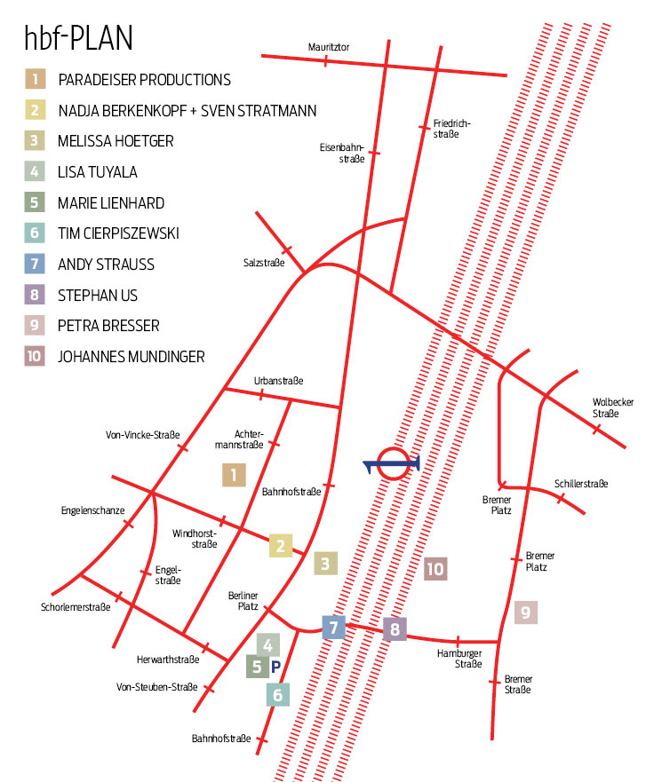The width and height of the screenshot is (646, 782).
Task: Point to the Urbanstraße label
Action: (278, 380)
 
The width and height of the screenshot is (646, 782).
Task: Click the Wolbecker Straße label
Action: (612, 407)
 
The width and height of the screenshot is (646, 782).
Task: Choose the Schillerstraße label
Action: (581, 484)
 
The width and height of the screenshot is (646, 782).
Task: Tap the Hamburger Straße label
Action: (459, 659)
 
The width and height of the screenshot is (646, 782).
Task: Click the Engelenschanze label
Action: (92, 510)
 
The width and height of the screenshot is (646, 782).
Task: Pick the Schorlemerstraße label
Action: (76, 608)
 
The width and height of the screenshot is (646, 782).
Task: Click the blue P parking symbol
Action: (275, 666)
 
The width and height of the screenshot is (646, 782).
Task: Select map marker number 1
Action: (234, 475)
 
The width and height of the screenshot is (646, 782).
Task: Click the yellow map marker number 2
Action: (281, 545)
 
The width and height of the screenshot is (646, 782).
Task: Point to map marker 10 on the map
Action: (435, 569)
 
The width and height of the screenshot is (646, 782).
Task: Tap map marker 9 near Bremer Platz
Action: (525, 612)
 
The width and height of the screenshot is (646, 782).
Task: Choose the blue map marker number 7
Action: (333, 628)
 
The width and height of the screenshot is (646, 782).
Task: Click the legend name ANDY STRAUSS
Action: (106, 264)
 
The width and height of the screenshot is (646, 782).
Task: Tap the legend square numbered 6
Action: (35, 233)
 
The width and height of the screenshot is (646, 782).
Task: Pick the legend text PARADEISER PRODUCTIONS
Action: (144, 79)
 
